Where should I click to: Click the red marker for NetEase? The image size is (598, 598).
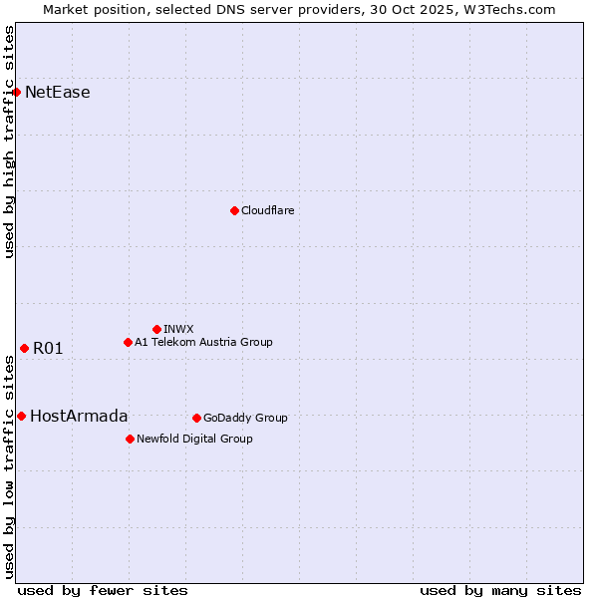pos(17,93)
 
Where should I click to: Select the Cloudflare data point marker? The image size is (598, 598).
pos(234,210)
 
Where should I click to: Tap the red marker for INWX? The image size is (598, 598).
pos(156,329)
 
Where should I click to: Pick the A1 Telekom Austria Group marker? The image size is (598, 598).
pos(128,342)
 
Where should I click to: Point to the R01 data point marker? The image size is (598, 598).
pos(24,348)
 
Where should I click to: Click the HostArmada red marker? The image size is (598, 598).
pos(21,416)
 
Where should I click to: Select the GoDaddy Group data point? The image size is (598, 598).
pos(196,418)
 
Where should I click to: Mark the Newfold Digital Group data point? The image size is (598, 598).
pos(130,439)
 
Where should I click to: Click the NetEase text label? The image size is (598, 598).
pos(58,93)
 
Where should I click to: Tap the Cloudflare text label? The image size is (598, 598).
pos(268,210)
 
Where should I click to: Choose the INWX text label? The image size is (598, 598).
pos(179,329)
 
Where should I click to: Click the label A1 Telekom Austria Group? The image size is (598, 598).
pos(203,342)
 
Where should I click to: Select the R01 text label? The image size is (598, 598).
pos(48,348)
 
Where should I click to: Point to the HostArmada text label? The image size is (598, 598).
pos(79,416)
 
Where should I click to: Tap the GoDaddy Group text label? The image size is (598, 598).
pos(245,418)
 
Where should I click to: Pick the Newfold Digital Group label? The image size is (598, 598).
pos(194,439)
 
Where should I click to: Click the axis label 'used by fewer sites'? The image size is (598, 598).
pos(103,590)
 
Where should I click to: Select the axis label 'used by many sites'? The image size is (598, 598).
pos(500,590)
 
